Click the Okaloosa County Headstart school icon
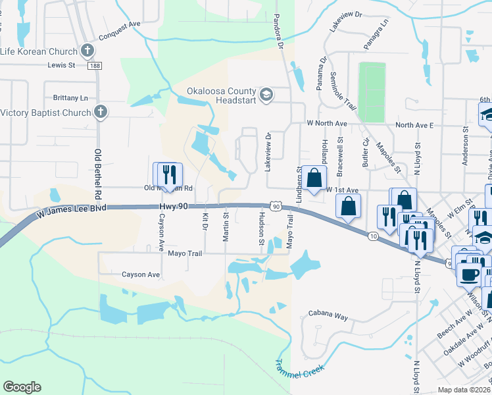[266, 95]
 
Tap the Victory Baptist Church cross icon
[100, 112]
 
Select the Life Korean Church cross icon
[88, 50]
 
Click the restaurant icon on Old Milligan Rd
[167, 174]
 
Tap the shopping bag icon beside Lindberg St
[315, 177]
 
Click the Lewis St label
[62, 65]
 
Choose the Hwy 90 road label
[174, 207]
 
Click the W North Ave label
[327, 124]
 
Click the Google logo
[22, 387]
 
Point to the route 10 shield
[373, 236]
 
